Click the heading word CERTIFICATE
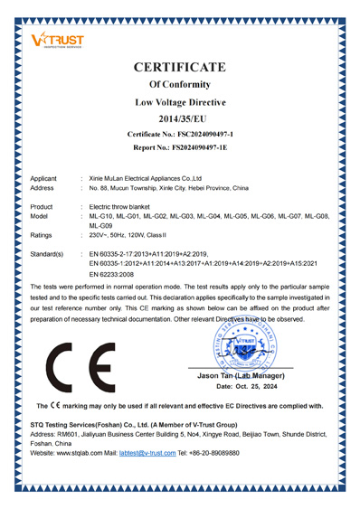(x=179, y=67)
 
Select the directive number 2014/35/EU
(x=179, y=118)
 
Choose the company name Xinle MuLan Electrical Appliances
(x=145, y=179)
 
